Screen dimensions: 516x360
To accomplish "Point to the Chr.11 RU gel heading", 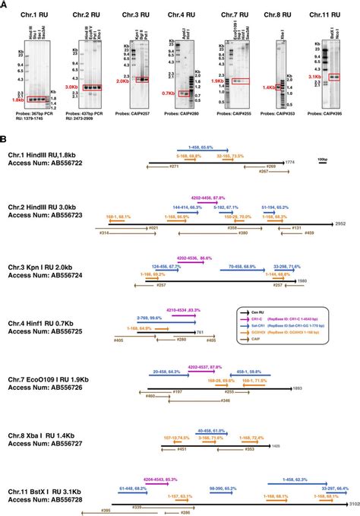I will click(x=327, y=15).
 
